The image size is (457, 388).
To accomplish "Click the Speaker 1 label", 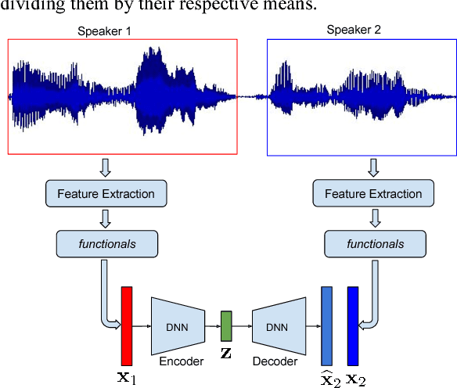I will [104, 31].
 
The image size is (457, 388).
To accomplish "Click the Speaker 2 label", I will [353, 30].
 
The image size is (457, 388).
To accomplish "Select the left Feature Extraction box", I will [107, 193].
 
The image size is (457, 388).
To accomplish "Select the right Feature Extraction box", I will [373, 193].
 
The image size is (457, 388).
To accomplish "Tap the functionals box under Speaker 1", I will [107, 243].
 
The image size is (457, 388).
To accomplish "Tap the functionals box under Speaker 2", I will [375, 243].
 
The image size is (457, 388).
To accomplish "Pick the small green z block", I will [226, 325].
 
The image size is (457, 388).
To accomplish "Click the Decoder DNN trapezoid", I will [276, 325].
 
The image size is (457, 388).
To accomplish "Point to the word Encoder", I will [181, 361].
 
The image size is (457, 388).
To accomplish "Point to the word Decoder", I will [275, 361].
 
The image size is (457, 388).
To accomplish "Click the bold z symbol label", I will [226, 354].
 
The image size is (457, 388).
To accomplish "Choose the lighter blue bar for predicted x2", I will [327, 325].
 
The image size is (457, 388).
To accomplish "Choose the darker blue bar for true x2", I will [353, 325].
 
